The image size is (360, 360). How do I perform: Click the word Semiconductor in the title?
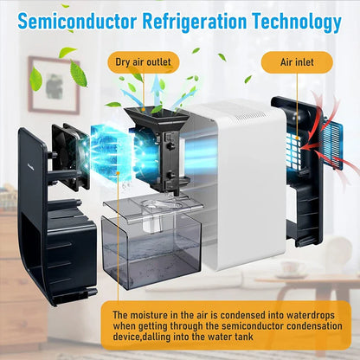(77, 21)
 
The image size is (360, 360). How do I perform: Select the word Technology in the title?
(297, 22)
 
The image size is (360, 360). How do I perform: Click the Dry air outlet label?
(144, 62)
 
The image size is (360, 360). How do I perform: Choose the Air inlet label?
(297, 62)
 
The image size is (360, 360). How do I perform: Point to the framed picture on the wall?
(54, 84)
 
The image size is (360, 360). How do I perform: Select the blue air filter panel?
(331, 142)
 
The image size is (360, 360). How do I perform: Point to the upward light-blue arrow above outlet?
(157, 88)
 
